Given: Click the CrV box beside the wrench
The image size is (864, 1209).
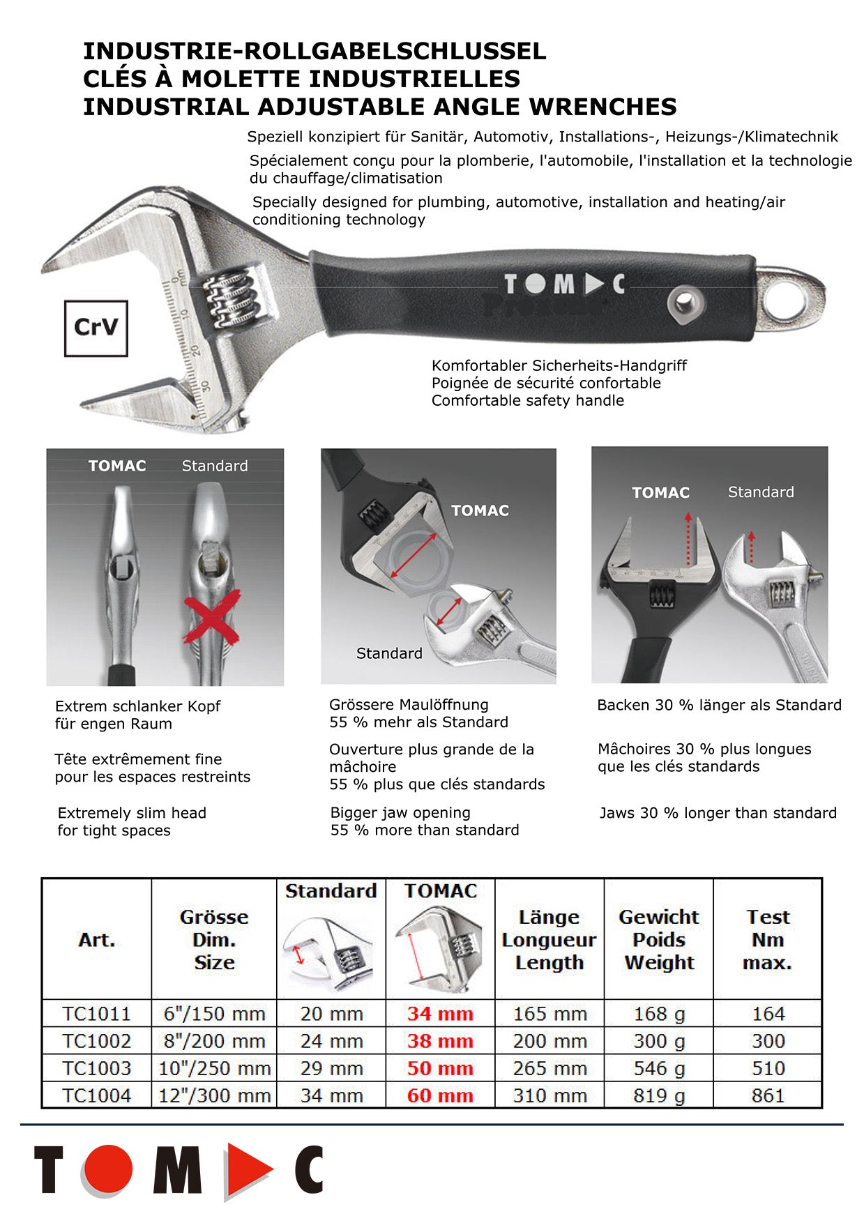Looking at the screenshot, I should click(96, 328).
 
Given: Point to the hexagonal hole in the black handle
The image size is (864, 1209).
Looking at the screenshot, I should click(684, 303).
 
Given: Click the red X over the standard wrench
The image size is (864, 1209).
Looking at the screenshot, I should click(212, 616).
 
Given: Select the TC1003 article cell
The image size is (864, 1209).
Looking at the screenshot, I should click(96, 1068).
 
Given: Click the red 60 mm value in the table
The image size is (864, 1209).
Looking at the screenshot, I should click(440, 1095).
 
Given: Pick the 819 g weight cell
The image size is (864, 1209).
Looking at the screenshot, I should click(659, 1095).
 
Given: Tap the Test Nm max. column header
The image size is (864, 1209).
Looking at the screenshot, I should click(768, 940).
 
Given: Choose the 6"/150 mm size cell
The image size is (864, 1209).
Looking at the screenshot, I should click(214, 1014).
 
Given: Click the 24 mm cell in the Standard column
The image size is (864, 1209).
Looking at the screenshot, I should click(331, 1041).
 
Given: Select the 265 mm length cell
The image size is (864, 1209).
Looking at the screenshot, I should click(550, 1068).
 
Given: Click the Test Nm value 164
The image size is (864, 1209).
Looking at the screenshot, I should click(768, 1014).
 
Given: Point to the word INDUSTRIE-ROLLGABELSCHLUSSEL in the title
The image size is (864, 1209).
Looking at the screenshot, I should click(314, 51).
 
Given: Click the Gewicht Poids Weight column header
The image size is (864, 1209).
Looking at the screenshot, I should click(659, 940).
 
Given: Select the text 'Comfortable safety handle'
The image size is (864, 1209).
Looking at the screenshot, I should click(527, 400).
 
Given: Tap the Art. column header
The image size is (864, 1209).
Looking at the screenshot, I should click(96, 940).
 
